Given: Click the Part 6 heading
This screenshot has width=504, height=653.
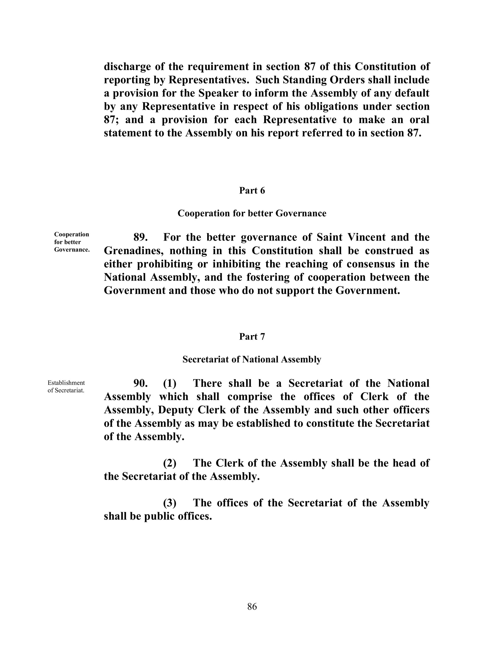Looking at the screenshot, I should (252, 191).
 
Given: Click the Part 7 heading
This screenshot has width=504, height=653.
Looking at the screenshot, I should (252, 337).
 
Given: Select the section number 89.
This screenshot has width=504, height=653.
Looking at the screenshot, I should (141, 237).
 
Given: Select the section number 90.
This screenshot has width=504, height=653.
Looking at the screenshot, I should (141, 383).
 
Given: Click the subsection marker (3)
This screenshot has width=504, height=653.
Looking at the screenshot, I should (170, 503).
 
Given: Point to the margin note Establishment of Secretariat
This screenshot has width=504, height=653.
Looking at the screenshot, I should (66, 387).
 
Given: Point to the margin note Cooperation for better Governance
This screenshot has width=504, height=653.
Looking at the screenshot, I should (72, 242).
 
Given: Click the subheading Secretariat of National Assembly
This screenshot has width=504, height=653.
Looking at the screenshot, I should (252, 359).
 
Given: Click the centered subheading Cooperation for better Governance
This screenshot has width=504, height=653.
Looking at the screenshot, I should (252, 213).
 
